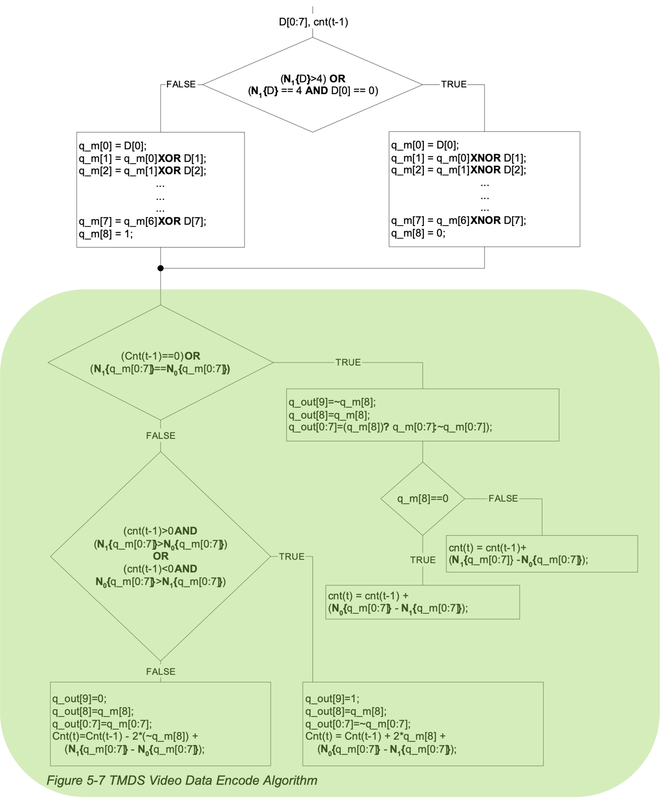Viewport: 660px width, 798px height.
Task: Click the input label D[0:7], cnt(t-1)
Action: pyautogui.click(x=313, y=22)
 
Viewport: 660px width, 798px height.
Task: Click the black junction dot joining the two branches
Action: pyautogui.click(x=160, y=268)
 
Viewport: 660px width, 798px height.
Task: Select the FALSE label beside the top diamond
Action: pyautogui.click(x=181, y=84)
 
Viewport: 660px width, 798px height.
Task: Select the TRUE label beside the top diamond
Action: pyautogui.click(x=454, y=84)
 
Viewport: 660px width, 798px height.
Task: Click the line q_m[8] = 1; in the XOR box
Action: pyautogui.click(x=106, y=234)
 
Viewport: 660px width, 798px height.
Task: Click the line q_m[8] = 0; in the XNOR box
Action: pyautogui.click(x=418, y=233)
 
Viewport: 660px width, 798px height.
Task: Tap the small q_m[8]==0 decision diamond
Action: pyautogui.click(x=422, y=499)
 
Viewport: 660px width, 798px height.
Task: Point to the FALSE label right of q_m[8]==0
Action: pyautogui.click(x=503, y=499)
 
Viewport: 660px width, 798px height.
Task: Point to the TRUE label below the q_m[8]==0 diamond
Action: pyautogui.click(x=423, y=560)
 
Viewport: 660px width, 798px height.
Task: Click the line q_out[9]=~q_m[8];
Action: pyautogui.click(x=332, y=402)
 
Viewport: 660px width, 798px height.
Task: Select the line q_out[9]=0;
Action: pyautogui.click(x=79, y=699)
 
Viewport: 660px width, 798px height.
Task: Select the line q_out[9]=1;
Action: pyautogui.click(x=332, y=699)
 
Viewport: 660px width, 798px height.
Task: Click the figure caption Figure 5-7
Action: pyautogui.click(x=182, y=781)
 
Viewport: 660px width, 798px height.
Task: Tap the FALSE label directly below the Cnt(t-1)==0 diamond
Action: pyautogui.click(x=160, y=435)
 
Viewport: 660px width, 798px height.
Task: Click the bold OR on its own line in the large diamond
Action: pyautogui.click(x=160, y=556)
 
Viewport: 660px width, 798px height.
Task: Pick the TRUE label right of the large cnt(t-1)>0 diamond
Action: pyautogui.click(x=291, y=557)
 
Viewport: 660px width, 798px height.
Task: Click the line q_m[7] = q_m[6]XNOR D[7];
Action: pyautogui.click(x=459, y=220)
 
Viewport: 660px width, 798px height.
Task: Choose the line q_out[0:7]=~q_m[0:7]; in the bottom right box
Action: pyautogui.click(x=358, y=724)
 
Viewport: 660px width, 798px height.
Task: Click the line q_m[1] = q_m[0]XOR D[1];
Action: pyautogui.click(x=142, y=158)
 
